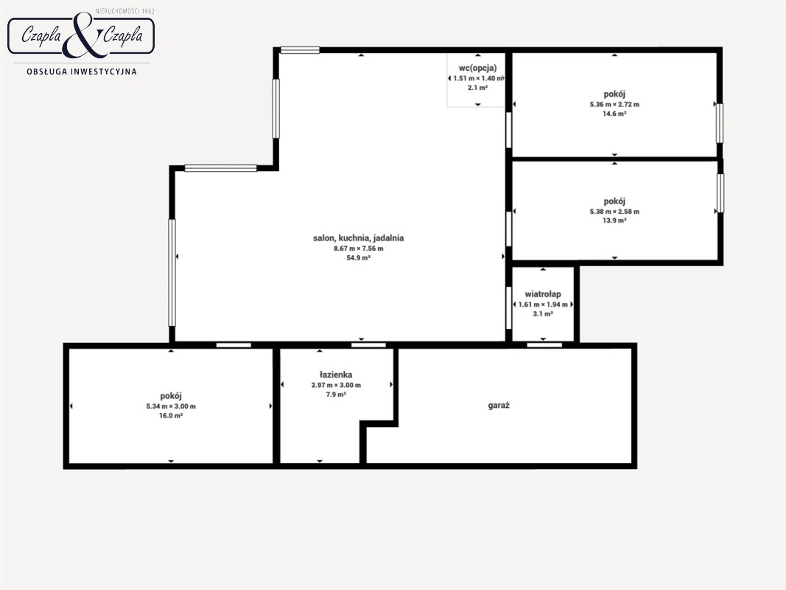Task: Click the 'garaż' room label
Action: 499,406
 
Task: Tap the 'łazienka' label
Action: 336,375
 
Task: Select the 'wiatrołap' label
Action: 543,294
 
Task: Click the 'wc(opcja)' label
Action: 478,69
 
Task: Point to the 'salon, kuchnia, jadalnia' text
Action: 359,238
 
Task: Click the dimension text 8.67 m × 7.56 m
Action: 359,249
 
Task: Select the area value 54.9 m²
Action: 359,258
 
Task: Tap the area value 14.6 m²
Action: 614,114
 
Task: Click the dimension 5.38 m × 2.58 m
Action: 614,212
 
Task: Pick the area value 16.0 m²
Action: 171,416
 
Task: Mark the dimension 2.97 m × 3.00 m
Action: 336,385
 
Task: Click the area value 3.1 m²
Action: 543,314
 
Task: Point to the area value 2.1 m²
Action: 478,88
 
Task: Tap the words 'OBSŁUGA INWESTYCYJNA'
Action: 82,72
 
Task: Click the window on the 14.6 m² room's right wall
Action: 720,123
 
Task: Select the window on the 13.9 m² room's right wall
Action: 720,193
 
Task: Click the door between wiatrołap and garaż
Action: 544,344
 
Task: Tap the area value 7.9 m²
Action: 336,395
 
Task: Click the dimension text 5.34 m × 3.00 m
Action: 171,406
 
